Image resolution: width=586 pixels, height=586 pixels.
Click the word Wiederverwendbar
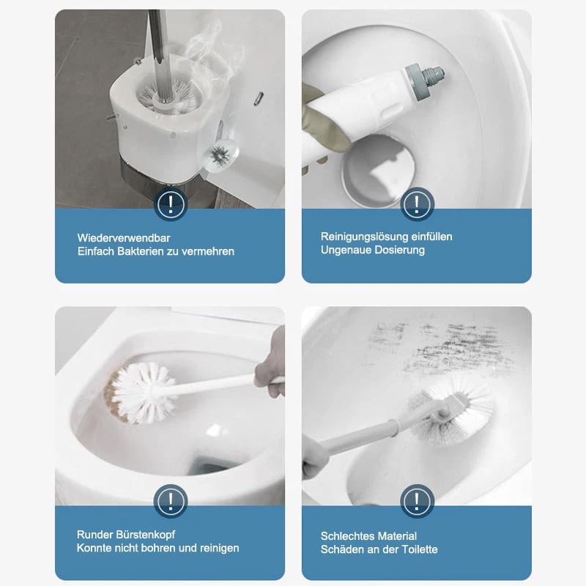pyautogui.click(x=124, y=238)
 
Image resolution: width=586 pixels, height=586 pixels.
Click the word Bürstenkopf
pyautogui.click(x=145, y=535)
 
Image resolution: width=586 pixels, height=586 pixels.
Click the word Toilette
pyautogui.click(x=419, y=549)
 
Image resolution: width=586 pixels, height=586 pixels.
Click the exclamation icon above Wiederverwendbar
pyautogui.click(x=171, y=204)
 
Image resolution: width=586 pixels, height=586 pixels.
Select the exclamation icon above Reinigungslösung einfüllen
pyautogui.click(x=417, y=204)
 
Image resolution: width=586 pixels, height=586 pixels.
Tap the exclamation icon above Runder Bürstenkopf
pyautogui.click(x=171, y=501)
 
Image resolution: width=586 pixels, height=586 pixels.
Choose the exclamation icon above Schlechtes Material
pyautogui.click(x=417, y=501)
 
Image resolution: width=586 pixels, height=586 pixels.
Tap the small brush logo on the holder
pyautogui.click(x=220, y=155)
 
